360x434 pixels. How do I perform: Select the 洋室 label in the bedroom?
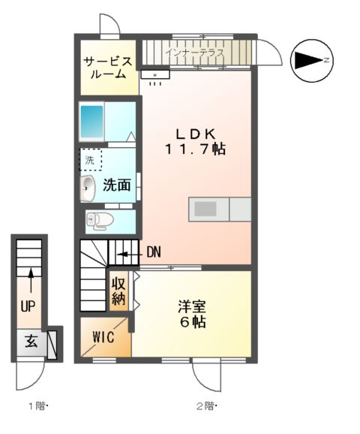[x=192, y=306]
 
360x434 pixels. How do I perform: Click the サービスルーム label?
[x=109, y=68]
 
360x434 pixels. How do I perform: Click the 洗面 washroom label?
[x=117, y=185]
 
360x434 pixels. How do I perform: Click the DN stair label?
[x=153, y=252]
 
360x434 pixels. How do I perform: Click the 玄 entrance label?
[x=31, y=342]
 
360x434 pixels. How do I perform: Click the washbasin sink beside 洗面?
[x=88, y=188]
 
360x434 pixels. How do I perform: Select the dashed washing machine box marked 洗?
[x=90, y=159]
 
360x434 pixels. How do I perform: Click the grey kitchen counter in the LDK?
[x=220, y=209]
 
